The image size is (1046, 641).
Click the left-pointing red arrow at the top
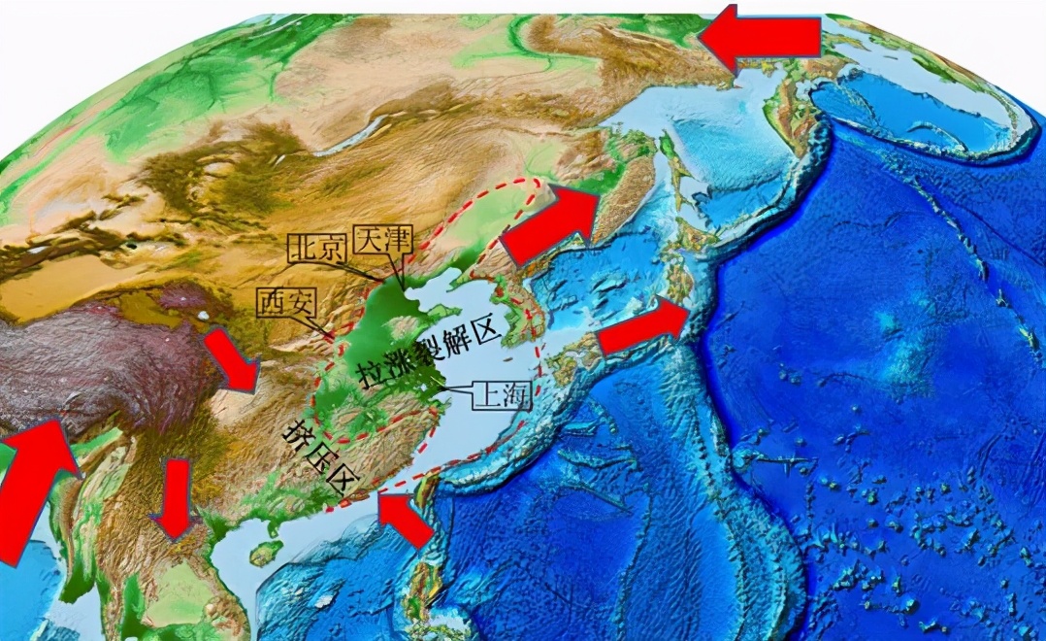tap(760, 37)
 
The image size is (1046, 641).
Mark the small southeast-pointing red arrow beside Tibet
tap(231, 360)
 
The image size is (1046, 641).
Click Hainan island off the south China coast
tap(265, 552)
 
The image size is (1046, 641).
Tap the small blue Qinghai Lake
tap(201, 318)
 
